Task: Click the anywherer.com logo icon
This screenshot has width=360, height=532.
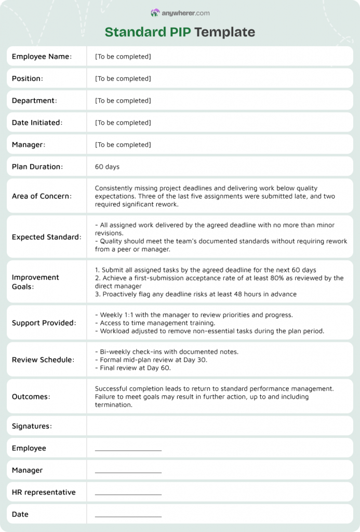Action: click(x=155, y=12)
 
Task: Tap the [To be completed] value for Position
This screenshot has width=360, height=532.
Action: click(x=123, y=78)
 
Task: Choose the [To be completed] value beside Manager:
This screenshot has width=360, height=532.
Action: click(x=123, y=144)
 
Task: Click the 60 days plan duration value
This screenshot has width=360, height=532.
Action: click(x=107, y=167)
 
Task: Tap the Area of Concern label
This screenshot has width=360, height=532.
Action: click(x=42, y=196)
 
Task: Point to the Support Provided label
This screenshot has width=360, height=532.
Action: click(x=44, y=323)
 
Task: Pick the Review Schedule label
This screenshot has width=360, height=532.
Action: click(x=43, y=360)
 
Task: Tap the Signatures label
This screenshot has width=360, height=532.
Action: click(x=32, y=427)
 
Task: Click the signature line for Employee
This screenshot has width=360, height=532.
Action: click(x=128, y=449)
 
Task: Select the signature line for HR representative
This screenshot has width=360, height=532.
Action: click(x=128, y=494)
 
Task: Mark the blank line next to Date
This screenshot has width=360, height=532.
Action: click(x=128, y=515)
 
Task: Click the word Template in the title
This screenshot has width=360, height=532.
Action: click(x=224, y=32)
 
